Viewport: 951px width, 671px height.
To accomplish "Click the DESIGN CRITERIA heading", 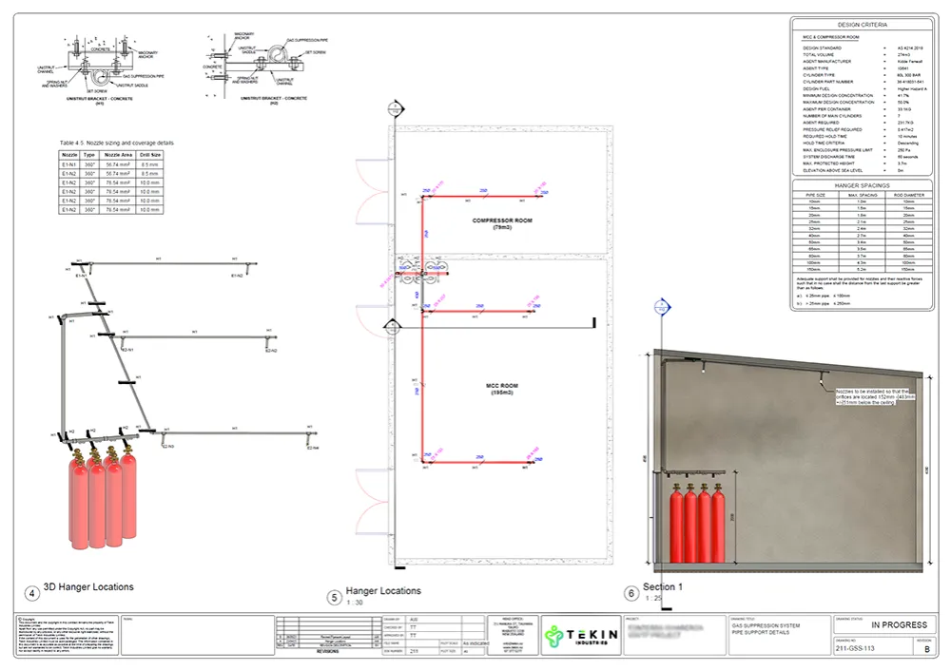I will (x=864, y=24).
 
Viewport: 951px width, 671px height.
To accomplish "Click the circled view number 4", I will (x=32, y=593).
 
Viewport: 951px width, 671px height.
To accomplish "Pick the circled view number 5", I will (x=334, y=597).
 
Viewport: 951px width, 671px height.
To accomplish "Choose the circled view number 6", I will (x=631, y=593).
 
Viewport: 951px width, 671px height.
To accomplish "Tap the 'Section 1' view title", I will (x=663, y=586).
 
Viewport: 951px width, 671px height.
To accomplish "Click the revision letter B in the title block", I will (x=928, y=650).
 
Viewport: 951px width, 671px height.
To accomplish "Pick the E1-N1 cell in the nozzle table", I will (x=68, y=163).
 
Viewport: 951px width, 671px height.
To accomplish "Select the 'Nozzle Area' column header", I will (x=119, y=154).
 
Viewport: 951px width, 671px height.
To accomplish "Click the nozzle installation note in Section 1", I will (x=875, y=396).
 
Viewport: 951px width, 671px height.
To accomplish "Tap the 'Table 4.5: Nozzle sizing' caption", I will (x=111, y=143).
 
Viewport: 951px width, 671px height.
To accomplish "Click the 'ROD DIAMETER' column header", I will (x=908, y=194).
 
